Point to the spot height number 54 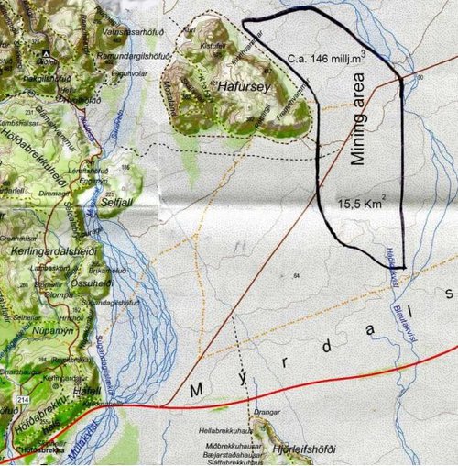tap(296, 274)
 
